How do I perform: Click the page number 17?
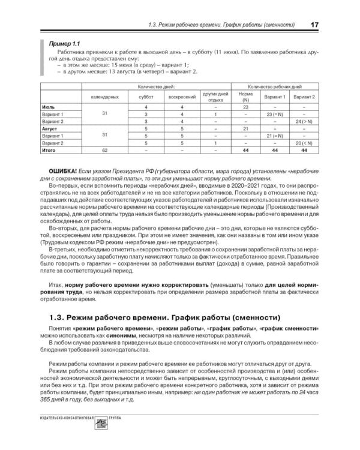click(314, 25)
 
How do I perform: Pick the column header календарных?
click(104, 96)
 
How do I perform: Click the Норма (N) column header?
click(245, 96)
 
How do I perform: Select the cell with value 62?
click(104, 151)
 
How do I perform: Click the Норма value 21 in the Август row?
click(245, 128)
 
